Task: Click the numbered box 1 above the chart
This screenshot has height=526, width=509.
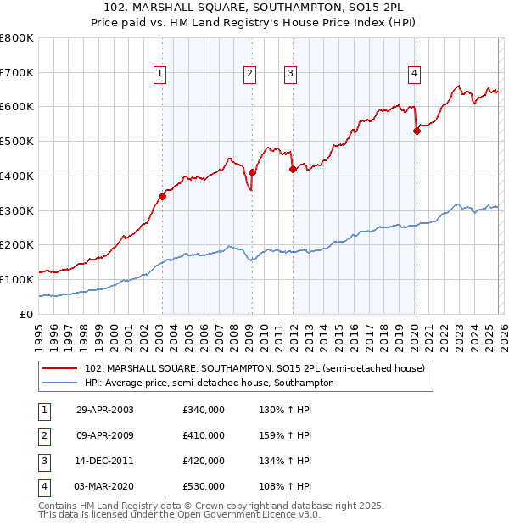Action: [x=161, y=75]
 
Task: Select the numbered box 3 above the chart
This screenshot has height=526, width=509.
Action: [x=290, y=75]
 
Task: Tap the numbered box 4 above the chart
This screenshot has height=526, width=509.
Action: [x=414, y=75]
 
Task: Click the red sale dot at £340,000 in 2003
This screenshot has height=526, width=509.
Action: [x=162, y=197]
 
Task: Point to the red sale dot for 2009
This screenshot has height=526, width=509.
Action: [x=252, y=172]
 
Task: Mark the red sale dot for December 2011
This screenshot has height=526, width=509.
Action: [x=293, y=169]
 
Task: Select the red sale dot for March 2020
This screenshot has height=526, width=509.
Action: [x=417, y=131]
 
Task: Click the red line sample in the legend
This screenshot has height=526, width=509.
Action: [x=61, y=368]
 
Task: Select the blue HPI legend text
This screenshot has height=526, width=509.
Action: [x=209, y=383]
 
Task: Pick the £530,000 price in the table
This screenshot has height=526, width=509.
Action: [x=204, y=486]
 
